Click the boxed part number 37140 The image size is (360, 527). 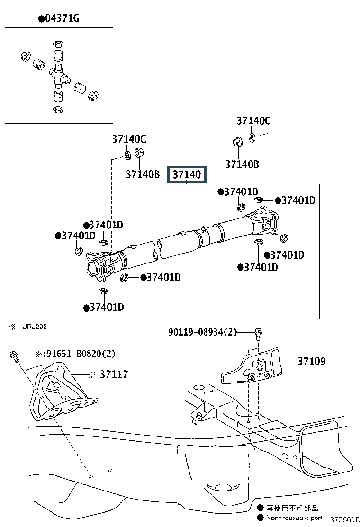[x=187, y=174]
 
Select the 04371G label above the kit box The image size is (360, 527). [x=62, y=18]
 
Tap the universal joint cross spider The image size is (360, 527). [x=59, y=76]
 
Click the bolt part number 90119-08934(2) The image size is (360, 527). [x=203, y=332]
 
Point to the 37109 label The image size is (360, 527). [x=312, y=361]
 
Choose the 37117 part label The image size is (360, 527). [x=114, y=374]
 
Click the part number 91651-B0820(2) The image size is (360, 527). [x=81, y=354]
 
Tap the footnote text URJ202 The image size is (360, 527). [x=34, y=327]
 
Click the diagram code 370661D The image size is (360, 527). [x=344, y=519]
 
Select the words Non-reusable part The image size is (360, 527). [x=295, y=518]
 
